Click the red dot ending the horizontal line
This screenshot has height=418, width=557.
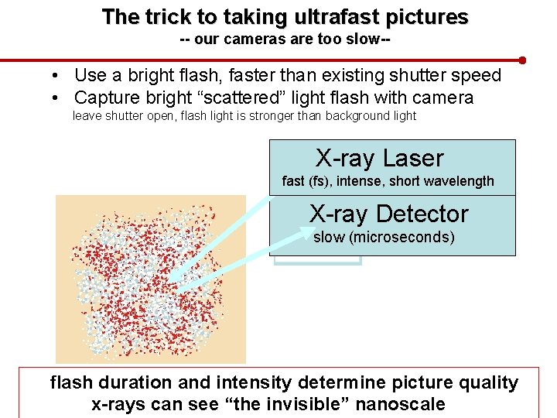(x=523, y=60)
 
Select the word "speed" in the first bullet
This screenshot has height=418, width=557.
(x=477, y=76)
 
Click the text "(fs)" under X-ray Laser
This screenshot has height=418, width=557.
(x=320, y=181)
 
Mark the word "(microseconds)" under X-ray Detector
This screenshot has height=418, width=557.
(x=402, y=237)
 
